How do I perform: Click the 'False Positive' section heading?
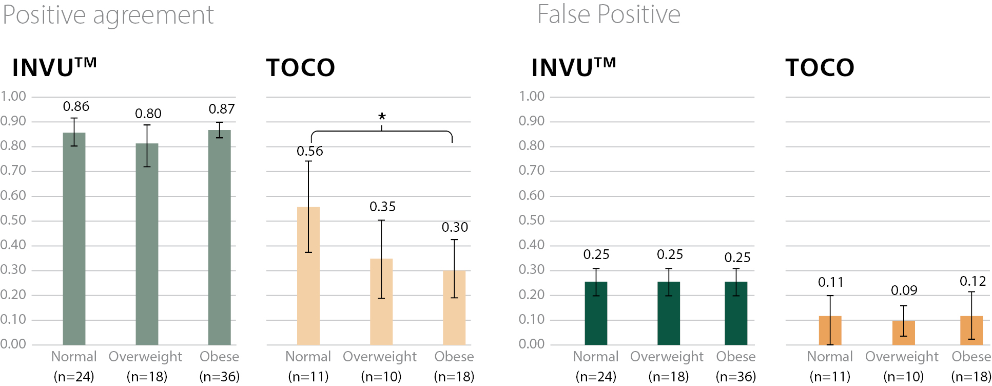[609, 14]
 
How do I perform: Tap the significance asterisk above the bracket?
[382, 117]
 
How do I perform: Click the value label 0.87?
[222, 109]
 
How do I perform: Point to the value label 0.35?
[383, 207]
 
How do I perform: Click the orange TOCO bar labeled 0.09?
[903, 333]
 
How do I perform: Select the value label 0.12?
[973, 281]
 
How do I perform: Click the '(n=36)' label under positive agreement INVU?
[220, 377]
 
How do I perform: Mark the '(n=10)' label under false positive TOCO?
[903, 377]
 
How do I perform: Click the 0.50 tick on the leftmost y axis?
[13, 220]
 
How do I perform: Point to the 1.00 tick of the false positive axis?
[532, 96]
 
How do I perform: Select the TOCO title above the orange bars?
[820, 68]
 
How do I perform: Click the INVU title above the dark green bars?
[573, 68]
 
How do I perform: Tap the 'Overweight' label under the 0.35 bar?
[380, 357]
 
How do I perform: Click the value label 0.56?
[310, 151]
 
